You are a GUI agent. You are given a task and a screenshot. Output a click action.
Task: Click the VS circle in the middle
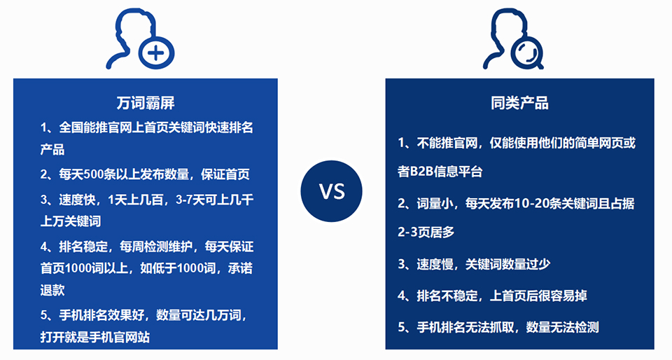(331, 191)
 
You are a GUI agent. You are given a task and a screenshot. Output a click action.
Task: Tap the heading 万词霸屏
(146, 103)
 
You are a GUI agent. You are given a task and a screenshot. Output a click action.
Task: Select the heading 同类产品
(519, 103)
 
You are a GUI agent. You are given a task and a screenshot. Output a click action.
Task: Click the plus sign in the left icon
(156, 53)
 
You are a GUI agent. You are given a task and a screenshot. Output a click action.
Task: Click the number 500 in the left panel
(93, 174)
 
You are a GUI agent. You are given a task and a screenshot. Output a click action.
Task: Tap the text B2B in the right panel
(421, 172)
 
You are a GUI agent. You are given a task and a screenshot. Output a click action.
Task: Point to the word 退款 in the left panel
(52, 290)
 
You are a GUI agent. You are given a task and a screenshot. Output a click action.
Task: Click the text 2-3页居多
(426, 233)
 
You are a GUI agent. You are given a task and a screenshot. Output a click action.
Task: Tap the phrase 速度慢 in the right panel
(435, 264)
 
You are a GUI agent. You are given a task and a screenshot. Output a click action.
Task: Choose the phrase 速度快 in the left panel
(77, 200)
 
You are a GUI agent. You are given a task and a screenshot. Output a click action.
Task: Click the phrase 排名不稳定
(447, 296)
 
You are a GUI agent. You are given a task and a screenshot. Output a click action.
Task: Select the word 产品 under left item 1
(52, 150)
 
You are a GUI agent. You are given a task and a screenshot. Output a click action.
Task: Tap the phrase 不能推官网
(447, 143)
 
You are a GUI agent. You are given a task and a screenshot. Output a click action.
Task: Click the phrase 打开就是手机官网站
(95, 337)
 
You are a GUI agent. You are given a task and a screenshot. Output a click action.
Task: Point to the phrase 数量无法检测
(562, 327)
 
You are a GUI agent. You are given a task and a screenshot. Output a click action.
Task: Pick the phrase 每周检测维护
(156, 247)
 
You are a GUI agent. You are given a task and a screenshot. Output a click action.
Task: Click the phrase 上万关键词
(71, 221)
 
